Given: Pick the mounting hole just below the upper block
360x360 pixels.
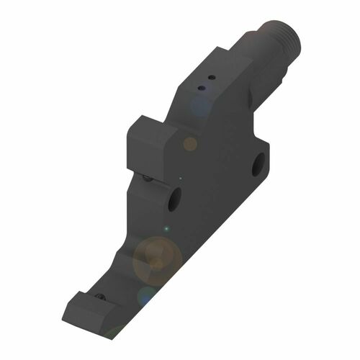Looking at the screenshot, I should tap(172, 199).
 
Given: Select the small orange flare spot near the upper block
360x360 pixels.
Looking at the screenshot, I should tap(190, 144).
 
